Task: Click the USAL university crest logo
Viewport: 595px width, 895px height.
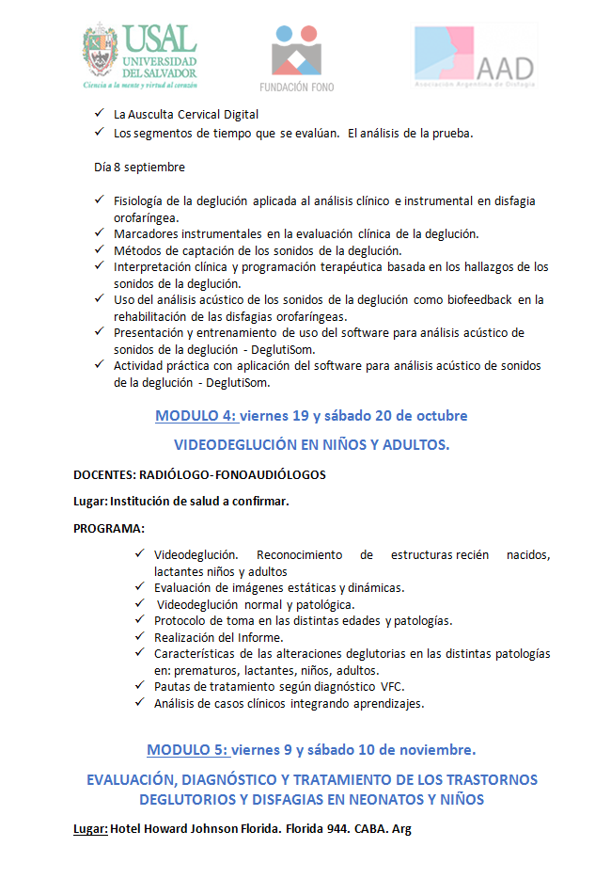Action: click(x=100, y=54)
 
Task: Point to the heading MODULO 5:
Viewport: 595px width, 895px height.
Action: click(x=188, y=749)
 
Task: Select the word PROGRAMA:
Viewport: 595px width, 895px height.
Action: click(x=109, y=528)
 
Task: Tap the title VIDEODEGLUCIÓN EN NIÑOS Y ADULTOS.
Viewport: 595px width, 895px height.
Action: click(x=312, y=444)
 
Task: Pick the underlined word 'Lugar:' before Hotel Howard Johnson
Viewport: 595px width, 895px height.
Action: click(x=90, y=830)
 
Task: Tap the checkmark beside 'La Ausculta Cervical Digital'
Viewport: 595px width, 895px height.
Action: click(x=101, y=114)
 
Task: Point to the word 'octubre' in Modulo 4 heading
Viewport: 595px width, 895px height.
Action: click(x=441, y=415)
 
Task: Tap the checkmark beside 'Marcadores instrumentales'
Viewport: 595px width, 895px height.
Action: click(x=101, y=232)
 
